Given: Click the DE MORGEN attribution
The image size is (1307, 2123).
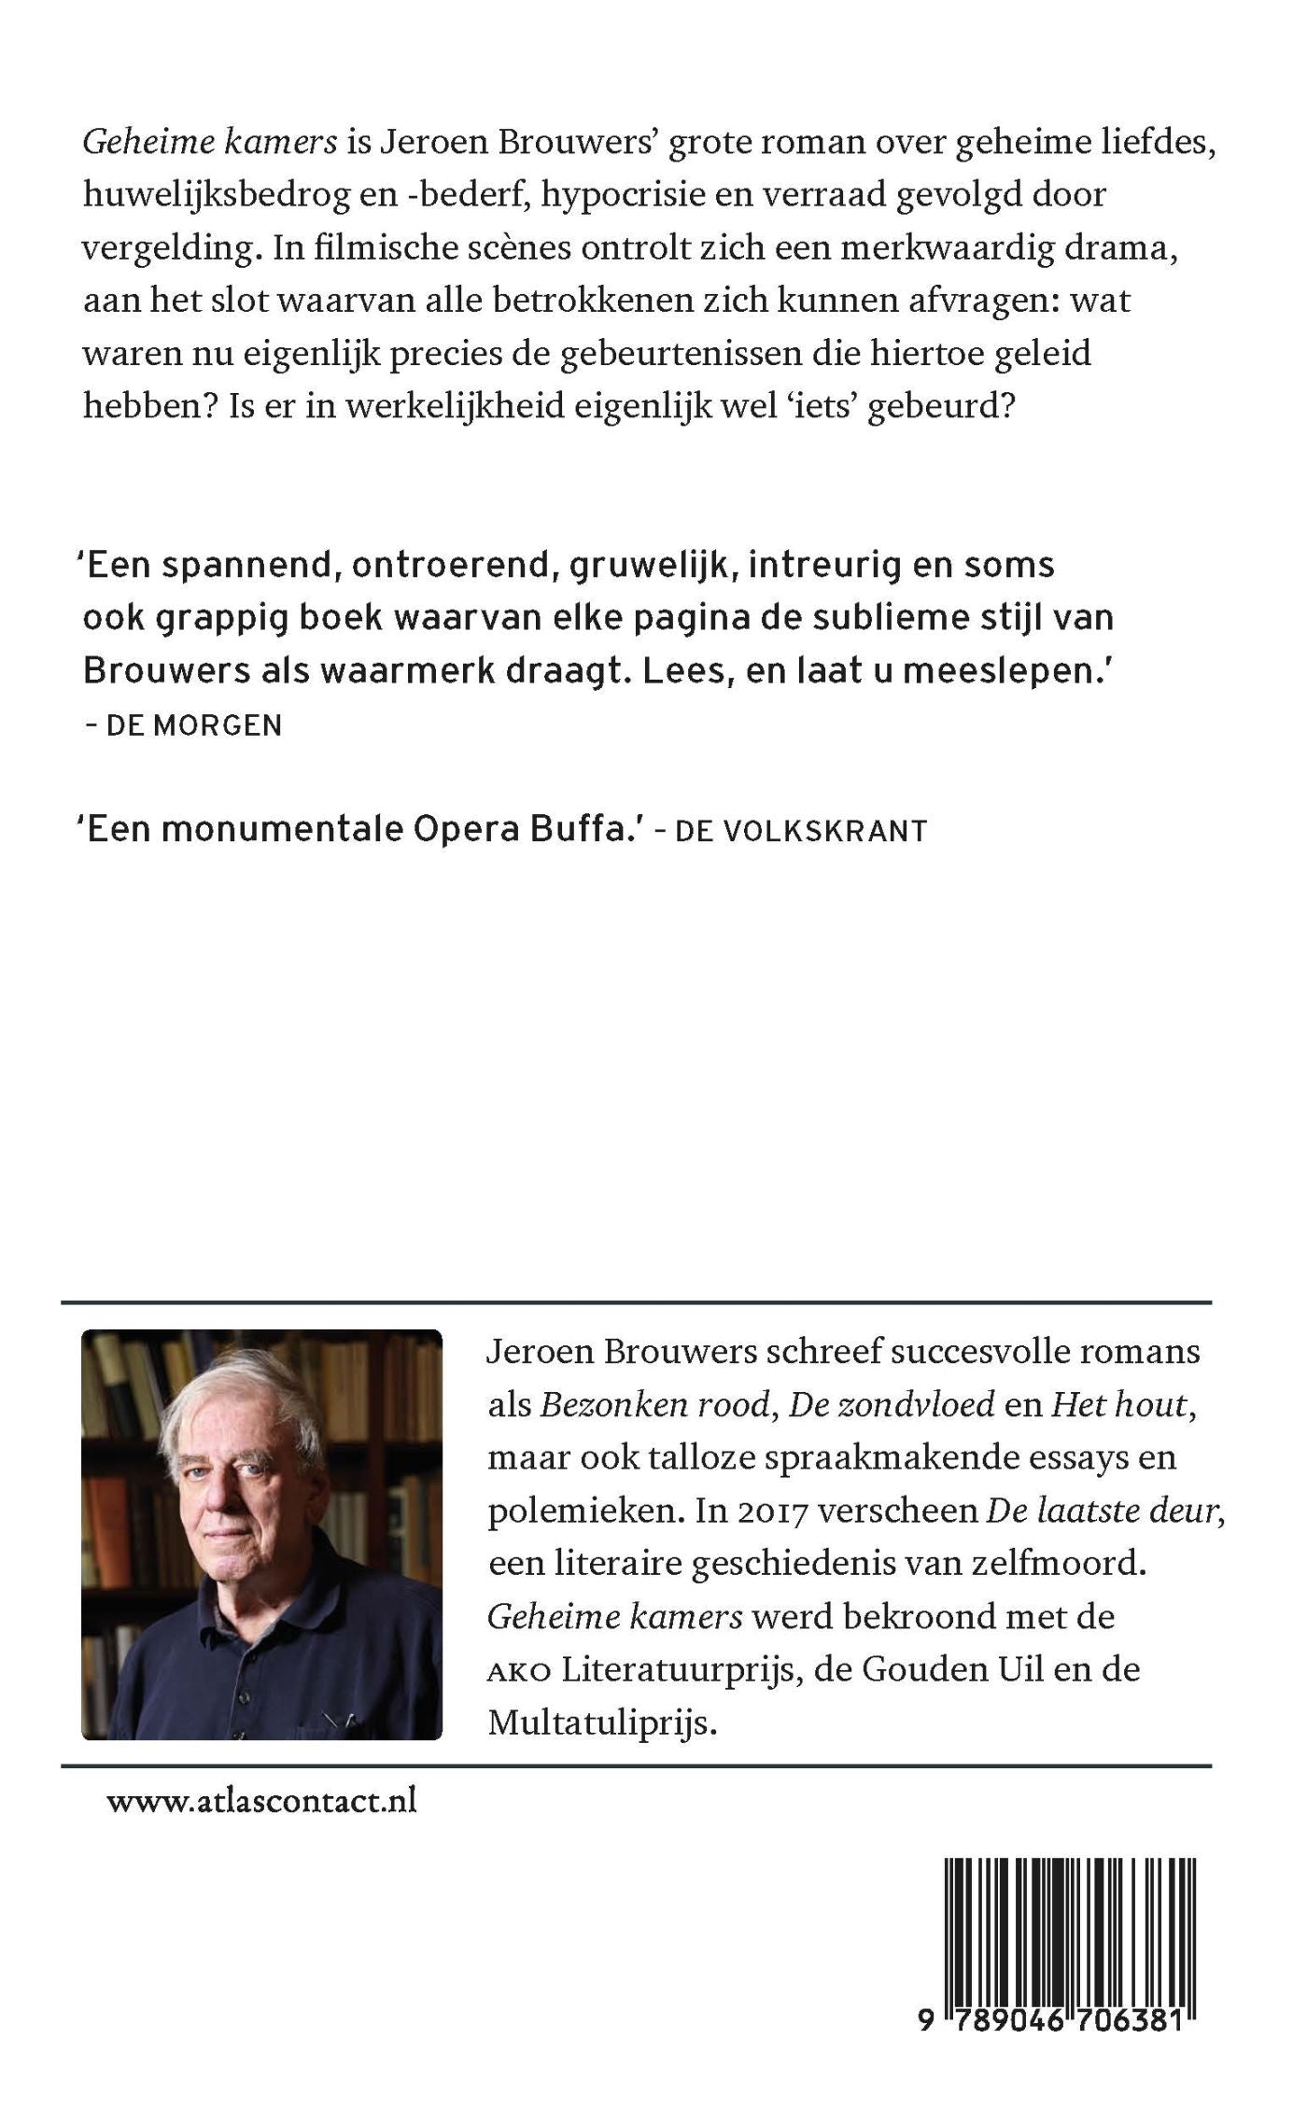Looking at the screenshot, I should point(193,725).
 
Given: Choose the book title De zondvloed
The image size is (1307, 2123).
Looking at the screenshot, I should point(892,1405).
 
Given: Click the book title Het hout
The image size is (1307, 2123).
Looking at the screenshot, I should point(1121,1405).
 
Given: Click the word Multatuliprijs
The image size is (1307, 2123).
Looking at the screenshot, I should point(602,1723).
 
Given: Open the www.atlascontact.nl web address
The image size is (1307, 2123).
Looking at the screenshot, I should point(262,1801).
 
